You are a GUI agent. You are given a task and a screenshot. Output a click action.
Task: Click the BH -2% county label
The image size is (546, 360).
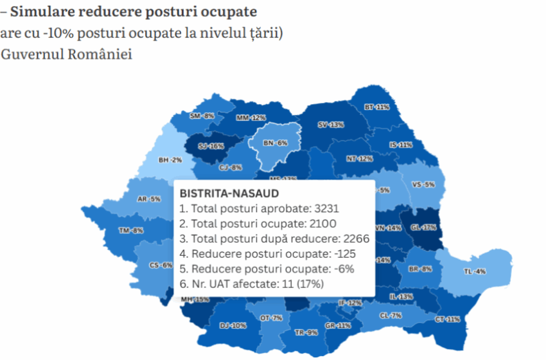(x=170, y=159)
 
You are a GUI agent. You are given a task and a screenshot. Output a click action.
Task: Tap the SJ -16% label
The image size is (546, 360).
(x=211, y=146)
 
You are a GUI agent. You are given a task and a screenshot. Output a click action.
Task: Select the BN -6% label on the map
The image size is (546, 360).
(x=275, y=143)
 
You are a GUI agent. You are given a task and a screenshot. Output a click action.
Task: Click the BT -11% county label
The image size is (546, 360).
(x=376, y=107)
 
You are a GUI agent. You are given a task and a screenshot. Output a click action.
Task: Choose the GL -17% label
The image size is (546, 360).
(x=424, y=227)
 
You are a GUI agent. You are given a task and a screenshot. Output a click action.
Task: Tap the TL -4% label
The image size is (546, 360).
(x=475, y=272)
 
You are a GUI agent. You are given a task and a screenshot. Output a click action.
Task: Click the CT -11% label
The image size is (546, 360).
(x=448, y=319)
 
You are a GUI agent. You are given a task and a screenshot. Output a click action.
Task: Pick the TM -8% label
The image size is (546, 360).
(x=131, y=230)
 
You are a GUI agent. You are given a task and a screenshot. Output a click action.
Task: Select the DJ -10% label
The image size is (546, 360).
(x=233, y=326)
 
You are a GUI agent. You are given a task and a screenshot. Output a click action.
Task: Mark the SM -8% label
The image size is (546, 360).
(x=202, y=116)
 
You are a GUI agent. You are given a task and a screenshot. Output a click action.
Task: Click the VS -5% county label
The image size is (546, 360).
(x=423, y=184)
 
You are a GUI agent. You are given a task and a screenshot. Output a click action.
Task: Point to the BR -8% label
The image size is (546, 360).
(x=420, y=269)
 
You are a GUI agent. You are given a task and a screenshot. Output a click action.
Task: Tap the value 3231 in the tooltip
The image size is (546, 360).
(x=325, y=208)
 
